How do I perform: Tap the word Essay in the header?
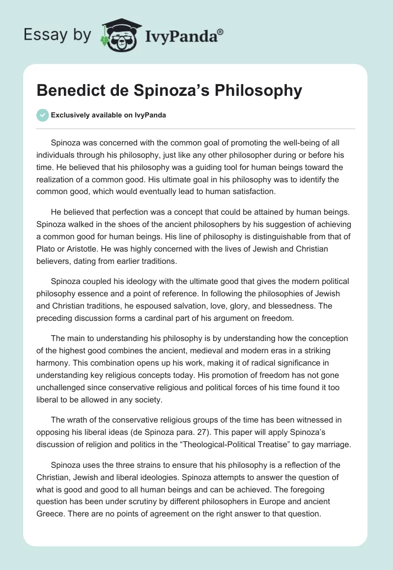(41, 34)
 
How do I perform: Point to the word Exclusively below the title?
(72, 115)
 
